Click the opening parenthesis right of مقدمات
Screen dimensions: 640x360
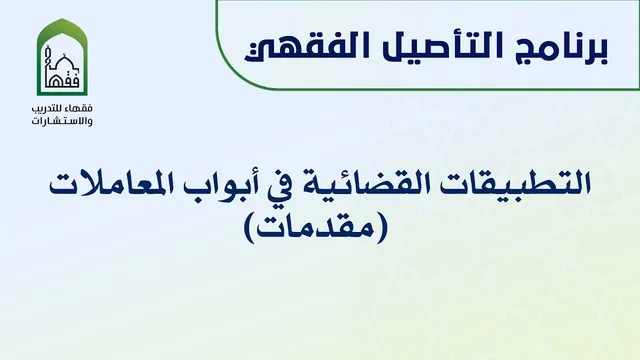coord(380,230)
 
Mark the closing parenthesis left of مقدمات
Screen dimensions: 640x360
coord(249,230)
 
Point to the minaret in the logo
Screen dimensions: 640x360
coord(48,62)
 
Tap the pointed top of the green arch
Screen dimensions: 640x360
coord(62,18)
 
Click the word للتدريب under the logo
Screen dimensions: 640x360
coord(50,109)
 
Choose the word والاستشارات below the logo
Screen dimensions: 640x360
coord(62,121)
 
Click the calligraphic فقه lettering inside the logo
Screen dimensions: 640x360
coord(63,80)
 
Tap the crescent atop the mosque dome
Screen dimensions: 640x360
coord(64,54)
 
